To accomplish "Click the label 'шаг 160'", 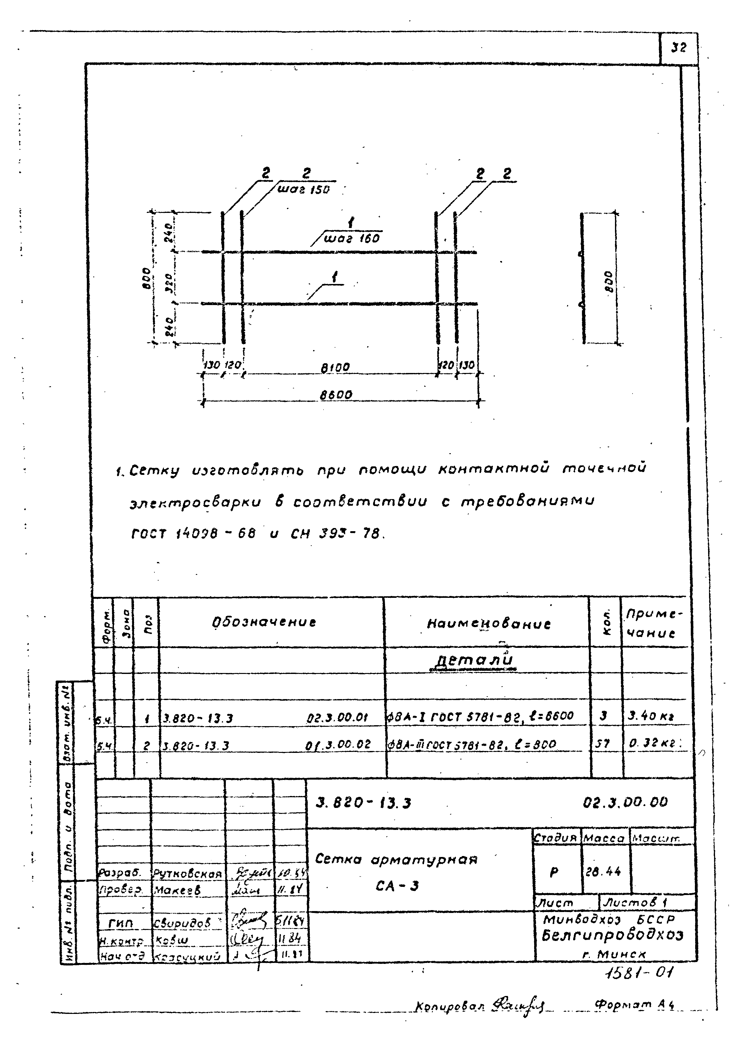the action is [x=351, y=239].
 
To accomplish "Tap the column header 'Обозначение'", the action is [x=264, y=622].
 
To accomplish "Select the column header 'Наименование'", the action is [x=489, y=624].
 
